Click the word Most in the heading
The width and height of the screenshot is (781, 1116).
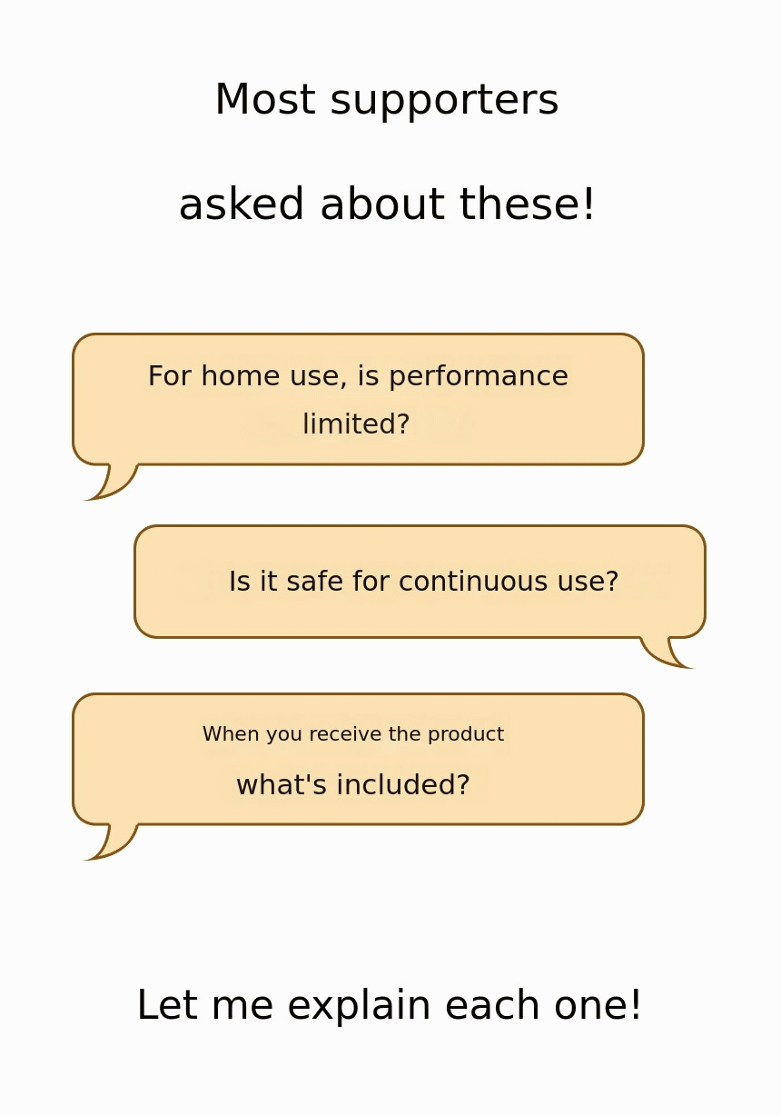click(265, 99)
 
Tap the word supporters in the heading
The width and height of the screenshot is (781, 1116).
click(444, 102)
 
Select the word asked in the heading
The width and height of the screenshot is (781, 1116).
click(242, 204)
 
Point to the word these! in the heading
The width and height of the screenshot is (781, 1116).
click(527, 204)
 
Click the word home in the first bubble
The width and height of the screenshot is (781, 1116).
click(241, 375)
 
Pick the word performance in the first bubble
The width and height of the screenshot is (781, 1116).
click(479, 378)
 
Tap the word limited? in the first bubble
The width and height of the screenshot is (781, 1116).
click(356, 423)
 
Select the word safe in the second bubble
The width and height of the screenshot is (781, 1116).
click(314, 581)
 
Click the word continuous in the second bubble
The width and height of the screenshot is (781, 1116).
click(473, 582)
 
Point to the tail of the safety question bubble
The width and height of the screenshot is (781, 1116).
click(667, 653)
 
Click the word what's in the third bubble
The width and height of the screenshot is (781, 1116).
click(282, 784)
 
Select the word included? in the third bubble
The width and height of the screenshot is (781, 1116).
click(403, 784)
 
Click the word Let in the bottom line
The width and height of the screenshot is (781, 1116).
click(167, 1005)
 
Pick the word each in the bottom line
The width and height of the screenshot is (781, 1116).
click(493, 1005)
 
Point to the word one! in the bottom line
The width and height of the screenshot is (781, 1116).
click(598, 1005)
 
